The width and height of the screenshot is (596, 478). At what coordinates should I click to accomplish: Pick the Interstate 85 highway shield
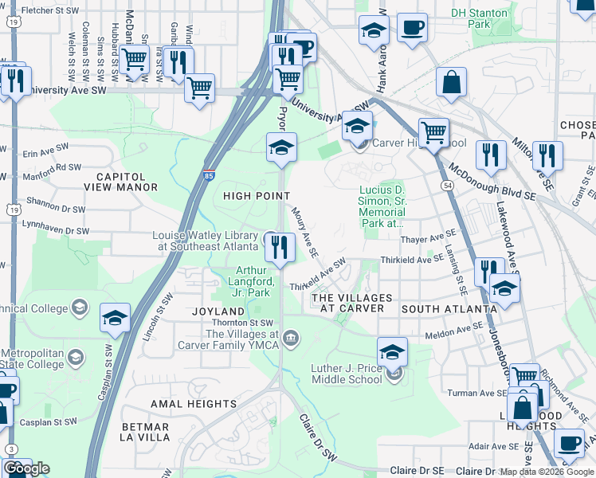208,174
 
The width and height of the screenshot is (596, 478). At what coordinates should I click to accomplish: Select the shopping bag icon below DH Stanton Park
451,83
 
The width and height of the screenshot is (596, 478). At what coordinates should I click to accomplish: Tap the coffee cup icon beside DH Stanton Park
412,29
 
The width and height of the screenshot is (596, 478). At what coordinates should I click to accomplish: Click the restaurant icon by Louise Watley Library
280,246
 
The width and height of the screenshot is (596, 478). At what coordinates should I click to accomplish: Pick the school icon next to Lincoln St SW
115,319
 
